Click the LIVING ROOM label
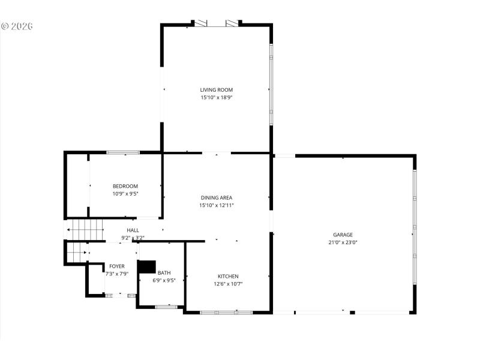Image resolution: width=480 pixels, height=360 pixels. pos(216,90)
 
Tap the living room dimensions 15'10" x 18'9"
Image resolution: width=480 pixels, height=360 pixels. pos(216,97)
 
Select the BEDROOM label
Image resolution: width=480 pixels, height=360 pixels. pos(125,186)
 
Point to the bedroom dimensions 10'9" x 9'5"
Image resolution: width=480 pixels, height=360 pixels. pos(125,194)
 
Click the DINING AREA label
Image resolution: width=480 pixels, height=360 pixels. pos(216,197)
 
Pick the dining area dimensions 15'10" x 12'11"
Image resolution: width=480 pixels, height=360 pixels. pos(216,205)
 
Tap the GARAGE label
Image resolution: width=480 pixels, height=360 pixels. pos(343,235)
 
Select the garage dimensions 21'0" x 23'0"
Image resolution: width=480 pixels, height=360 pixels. pos(343,242)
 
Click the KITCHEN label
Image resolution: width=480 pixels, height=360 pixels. pos(228,276)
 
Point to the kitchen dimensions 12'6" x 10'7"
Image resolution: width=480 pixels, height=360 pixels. pos(228,284)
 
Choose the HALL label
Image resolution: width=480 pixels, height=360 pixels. pos(133,230)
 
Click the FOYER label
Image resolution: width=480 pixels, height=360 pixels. pos(117,266)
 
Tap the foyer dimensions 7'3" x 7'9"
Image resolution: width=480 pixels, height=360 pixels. pos(117,274)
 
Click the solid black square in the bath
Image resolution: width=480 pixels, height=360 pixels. pos(147,267)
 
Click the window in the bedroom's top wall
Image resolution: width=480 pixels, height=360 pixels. pos(124,152)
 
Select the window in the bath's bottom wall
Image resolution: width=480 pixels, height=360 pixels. pos(166,307)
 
